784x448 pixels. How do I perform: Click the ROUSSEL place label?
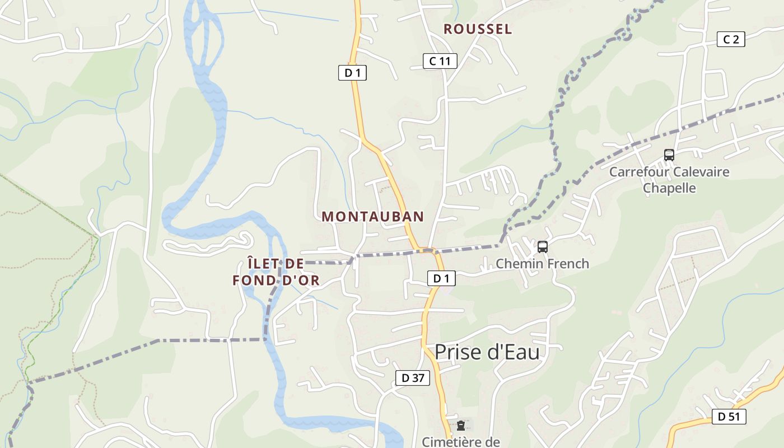[x=478, y=30]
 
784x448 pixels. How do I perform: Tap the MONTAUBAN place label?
[x=372, y=217]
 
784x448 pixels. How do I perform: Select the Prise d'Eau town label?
[x=487, y=352]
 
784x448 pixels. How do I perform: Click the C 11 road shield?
[x=440, y=61]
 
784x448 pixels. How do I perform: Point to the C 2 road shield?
[x=731, y=39]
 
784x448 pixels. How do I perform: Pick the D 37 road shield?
[x=413, y=378]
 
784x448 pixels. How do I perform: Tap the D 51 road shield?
[x=729, y=417]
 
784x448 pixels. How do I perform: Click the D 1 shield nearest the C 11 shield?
[x=352, y=73]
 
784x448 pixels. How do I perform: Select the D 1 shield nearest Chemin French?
[x=441, y=278]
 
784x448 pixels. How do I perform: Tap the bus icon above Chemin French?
[x=542, y=247]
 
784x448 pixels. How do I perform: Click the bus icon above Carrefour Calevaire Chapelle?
[x=669, y=155]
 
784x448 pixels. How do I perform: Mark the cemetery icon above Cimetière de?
[x=460, y=426]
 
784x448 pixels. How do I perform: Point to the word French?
[x=567, y=264]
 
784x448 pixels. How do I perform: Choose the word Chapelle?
[x=669, y=188]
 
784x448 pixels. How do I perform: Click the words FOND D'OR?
[x=276, y=281]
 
